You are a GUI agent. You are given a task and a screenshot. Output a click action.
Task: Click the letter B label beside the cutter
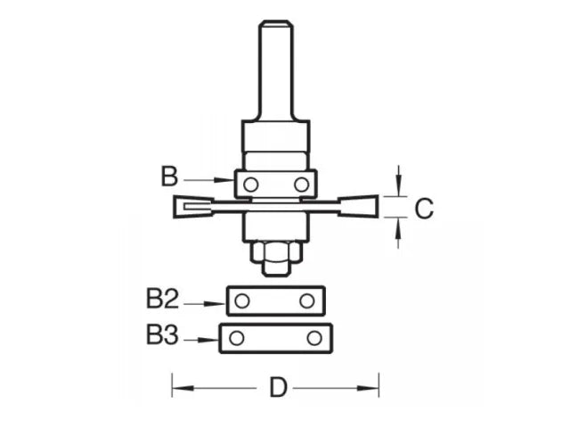click(x=169, y=176)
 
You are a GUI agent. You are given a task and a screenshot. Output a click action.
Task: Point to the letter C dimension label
click(x=424, y=209)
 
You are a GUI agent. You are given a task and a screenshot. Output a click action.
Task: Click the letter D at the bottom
click(x=278, y=389)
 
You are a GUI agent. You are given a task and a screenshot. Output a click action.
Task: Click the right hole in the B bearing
click(x=301, y=185)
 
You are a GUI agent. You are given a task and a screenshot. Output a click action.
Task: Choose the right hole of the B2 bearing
click(x=307, y=300)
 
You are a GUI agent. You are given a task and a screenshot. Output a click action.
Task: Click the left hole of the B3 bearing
click(x=236, y=338)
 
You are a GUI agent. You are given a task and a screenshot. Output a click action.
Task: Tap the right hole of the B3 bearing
click(x=313, y=338)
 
